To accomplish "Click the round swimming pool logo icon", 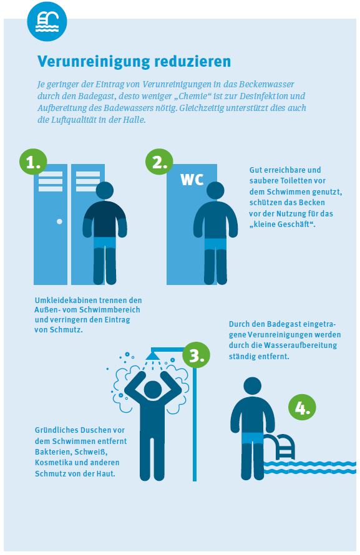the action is (x=47, y=22).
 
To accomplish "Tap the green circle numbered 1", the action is (x=33, y=162).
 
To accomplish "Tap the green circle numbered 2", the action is (x=159, y=162).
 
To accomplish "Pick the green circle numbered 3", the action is (x=196, y=355).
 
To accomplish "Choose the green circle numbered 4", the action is (x=303, y=407).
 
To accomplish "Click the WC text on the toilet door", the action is (x=192, y=180).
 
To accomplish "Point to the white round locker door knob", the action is (x=59, y=221).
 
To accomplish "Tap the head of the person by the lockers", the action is (x=104, y=191).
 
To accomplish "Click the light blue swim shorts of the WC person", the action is (x=216, y=244).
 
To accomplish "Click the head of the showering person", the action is (x=153, y=390).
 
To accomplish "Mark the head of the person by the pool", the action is (x=253, y=386).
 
